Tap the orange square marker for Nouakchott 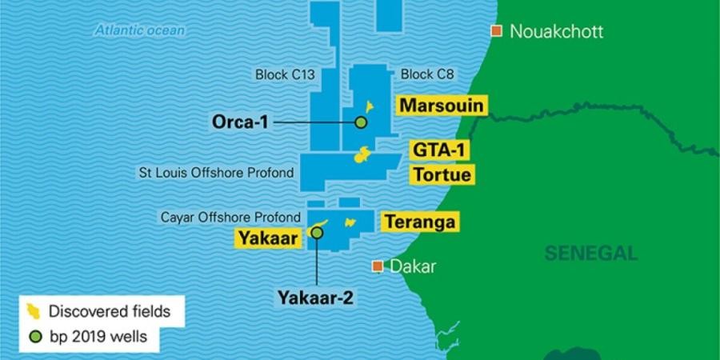(x=497, y=31)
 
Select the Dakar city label (x=413, y=266)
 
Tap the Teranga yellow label (x=419, y=222)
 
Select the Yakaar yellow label (x=266, y=238)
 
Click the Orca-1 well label (x=240, y=122)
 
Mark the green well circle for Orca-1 (x=361, y=122)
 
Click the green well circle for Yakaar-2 (x=317, y=233)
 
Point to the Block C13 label (x=285, y=75)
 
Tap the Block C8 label (x=427, y=75)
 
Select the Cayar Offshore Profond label (x=230, y=217)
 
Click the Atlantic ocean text (x=140, y=30)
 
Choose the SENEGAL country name (x=591, y=254)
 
